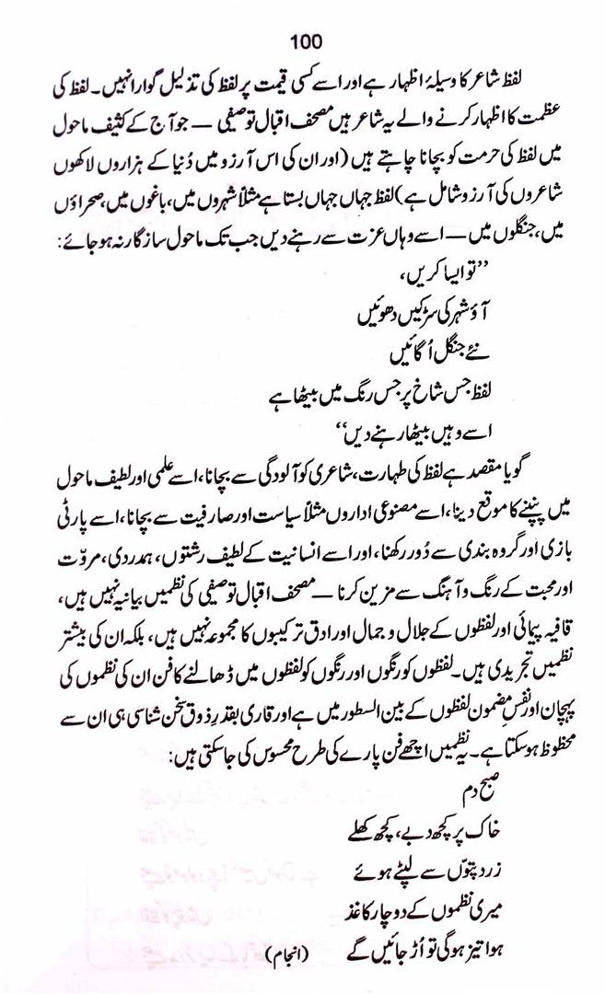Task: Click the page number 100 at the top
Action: pyautogui.click(x=303, y=40)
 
